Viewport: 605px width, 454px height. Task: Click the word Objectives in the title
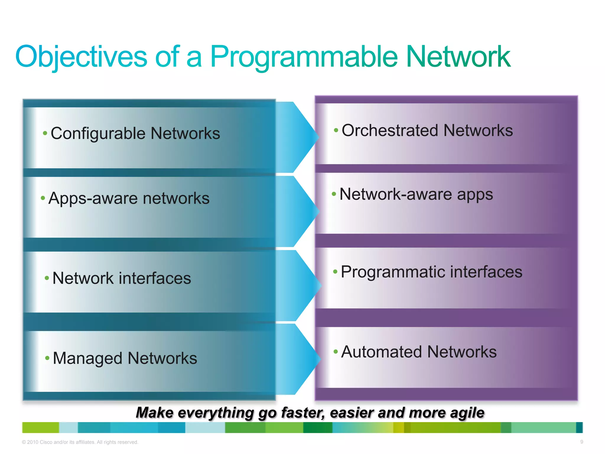(81, 57)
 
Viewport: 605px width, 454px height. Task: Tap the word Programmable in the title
(304, 57)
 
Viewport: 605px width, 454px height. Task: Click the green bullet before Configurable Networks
(45, 133)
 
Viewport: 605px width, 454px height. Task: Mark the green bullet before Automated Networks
(336, 352)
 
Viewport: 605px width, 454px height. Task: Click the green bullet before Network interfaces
(47, 278)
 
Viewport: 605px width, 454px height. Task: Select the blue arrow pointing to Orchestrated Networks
(297, 137)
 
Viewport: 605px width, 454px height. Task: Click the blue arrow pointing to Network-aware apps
(297, 211)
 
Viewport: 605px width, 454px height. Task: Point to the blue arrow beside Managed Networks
(298, 359)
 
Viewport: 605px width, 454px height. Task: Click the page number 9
(582, 442)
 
